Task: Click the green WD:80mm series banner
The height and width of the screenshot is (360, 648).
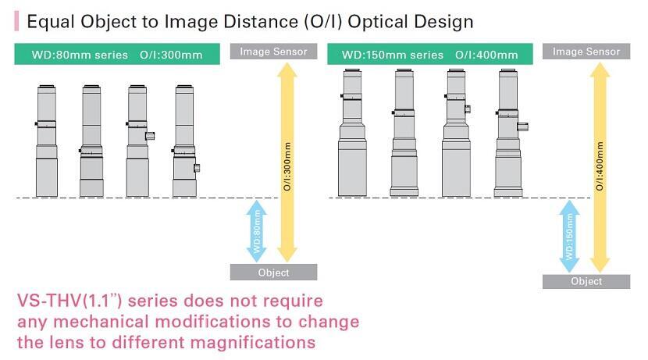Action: [x=117, y=54]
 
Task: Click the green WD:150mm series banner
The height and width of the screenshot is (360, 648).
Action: [x=430, y=54]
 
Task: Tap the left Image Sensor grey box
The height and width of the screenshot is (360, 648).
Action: [x=273, y=52]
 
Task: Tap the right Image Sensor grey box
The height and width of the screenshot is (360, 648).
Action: [x=586, y=52]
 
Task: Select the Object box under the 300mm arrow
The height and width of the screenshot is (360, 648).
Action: [x=273, y=273]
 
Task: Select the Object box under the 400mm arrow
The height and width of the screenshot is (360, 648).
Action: [x=586, y=281]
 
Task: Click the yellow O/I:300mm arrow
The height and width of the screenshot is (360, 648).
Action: [x=287, y=163]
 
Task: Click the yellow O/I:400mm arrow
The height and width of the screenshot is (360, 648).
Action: [x=600, y=167]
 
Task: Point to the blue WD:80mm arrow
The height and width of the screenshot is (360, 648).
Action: [x=257, y=231]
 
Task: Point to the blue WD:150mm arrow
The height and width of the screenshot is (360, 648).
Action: [x=569, y=236]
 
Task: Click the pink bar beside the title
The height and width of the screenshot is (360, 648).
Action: [x=16, y=21]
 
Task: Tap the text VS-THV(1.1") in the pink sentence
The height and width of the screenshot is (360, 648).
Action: [x=69, y=301]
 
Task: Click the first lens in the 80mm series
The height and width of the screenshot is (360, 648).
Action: [x=46, y=141]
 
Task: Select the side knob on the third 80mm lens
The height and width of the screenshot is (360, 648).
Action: [x=150, y=136]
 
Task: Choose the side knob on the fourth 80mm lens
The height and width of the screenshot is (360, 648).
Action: [x=197, y=168]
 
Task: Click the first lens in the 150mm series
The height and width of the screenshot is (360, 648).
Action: [x=352, y=132]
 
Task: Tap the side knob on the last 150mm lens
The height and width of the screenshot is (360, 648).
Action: [x=523, y=127]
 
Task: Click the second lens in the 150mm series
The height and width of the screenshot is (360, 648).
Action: [x=404, y=132]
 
